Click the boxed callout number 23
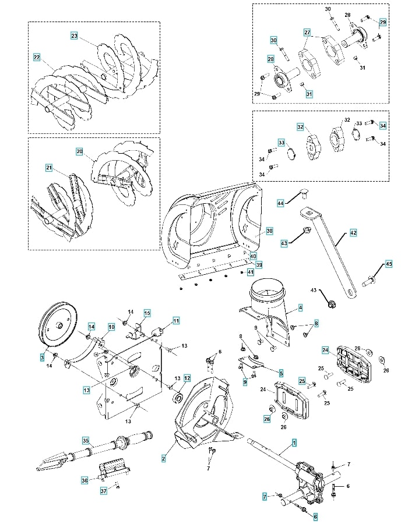(74, 36)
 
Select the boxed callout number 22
(37, 58)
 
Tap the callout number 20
(79, 151)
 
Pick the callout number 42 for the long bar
(353, 233)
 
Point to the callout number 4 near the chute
(300, 306)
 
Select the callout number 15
(147, 313)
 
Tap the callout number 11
(175, 320)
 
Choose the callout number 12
(187, 377)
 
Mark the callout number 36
(85, 480)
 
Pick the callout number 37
(104, 491)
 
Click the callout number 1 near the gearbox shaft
(294, 443)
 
